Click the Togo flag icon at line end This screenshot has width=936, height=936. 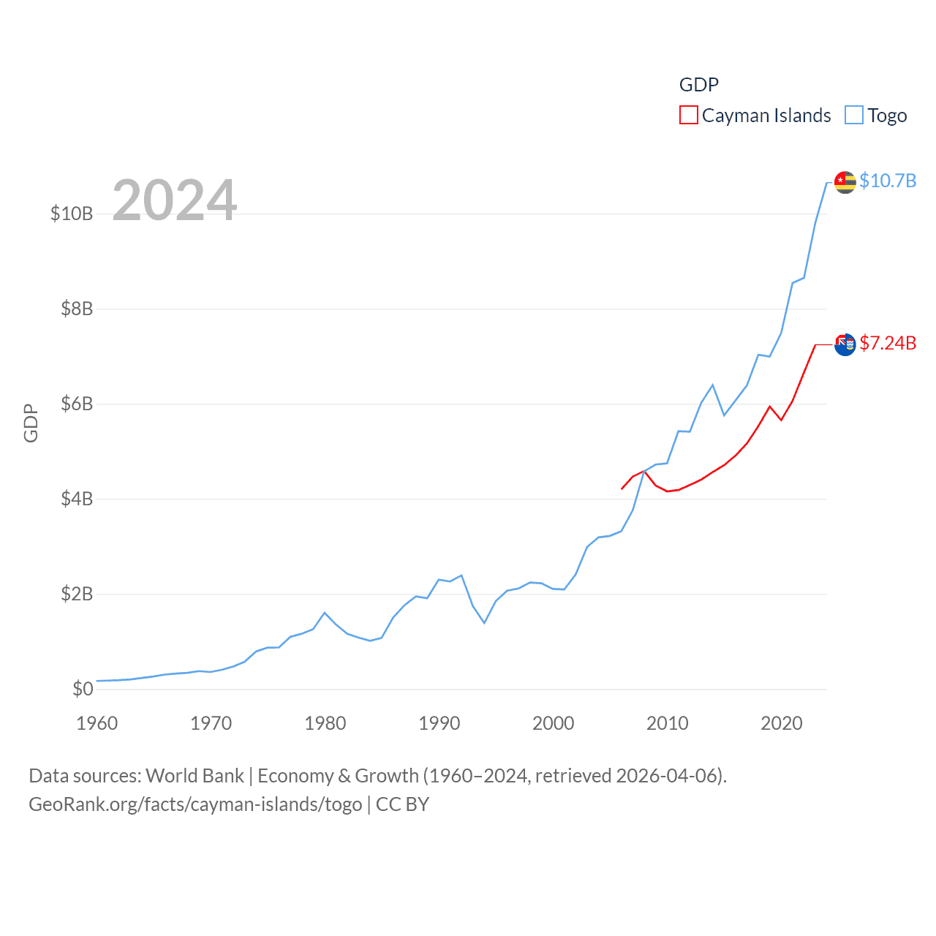[x=845, y=182]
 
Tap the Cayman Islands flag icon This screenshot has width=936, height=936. [x=845, y=344]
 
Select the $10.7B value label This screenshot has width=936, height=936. [x=888, y=181]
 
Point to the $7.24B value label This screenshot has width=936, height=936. [x=888, y=343]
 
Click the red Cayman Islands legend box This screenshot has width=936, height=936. [x=688, y=116]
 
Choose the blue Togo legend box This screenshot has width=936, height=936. [x=853, y=116]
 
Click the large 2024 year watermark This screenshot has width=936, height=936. [x=175, y=200]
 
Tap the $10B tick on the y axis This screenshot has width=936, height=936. [x=72, y=214]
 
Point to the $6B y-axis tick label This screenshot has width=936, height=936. [x=77, y=404]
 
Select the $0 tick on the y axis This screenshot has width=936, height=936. [x=83, y=689]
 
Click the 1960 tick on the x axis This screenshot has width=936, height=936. [x=97, y=723]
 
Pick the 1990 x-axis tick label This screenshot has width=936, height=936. [x=439, y=723]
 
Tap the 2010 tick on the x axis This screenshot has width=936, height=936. [x=668, y=723]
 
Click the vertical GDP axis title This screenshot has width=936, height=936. [x=31, y=423]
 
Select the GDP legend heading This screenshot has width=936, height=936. [x=699, y=85]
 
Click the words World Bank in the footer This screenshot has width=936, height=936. [x=195, y=775]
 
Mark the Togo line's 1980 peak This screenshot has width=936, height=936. [x=325, y=613]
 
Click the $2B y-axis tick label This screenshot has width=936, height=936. [x=77, y=594]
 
